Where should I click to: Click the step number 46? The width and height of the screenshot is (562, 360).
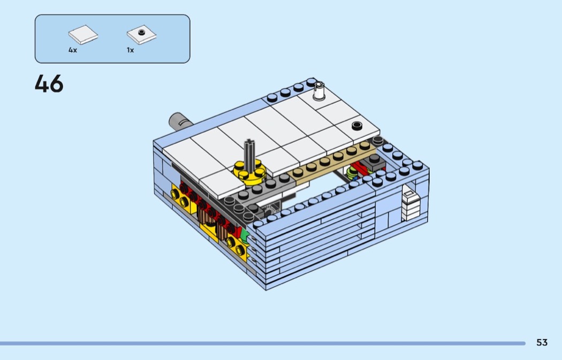[49, 83]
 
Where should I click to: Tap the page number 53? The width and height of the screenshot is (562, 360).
[542, 342]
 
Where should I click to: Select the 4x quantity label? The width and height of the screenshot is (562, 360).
[73, 50]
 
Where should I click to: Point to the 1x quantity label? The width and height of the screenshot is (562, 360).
[130, 50]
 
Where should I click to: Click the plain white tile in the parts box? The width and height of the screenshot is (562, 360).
[83, 35]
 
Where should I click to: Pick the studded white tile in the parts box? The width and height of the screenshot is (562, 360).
[142, 35]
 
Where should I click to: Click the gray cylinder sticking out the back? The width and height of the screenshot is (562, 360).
[180, 121]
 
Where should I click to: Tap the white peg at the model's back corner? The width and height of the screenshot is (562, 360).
[318, 91]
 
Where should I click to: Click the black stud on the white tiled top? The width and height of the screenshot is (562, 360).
[357, 126]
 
